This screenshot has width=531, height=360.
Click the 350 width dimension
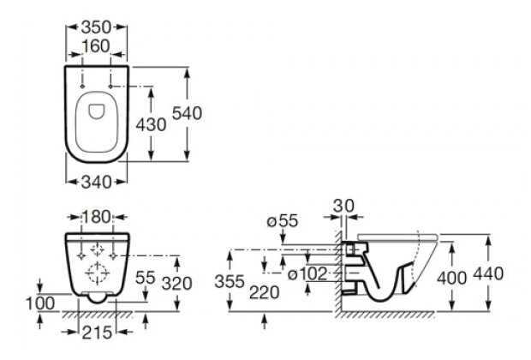(96, 27)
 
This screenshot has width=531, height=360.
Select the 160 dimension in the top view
(96, 46)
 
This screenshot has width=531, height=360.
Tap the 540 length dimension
(187, 113)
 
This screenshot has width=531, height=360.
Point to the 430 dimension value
(151, 124)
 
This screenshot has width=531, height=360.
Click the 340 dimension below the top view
(97, 183)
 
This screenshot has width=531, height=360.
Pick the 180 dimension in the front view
(97, 217)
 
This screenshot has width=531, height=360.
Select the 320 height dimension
(176, 284)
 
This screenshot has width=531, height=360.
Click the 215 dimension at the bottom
(97, 333)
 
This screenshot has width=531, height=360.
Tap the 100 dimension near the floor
(40, 303)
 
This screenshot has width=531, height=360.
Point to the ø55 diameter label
(283, 221)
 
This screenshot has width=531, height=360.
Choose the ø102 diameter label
(307, 274)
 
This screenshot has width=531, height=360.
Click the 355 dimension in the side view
(230, 281)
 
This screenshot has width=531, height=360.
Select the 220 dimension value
(265, 292)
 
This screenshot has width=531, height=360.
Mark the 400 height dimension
(451, 279)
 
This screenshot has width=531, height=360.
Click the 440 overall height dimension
(488, 274)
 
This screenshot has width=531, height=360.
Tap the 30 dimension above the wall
(343, 206)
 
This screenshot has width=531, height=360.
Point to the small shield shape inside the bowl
(97, 111)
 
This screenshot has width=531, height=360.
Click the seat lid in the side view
(397, 237)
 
